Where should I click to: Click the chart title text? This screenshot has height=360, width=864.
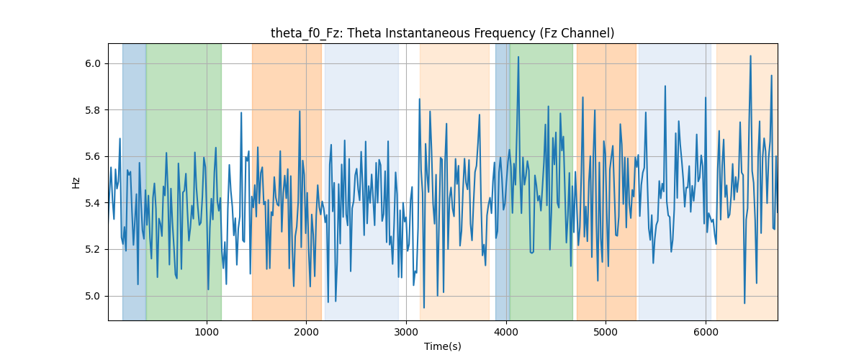click(x=442, y=33)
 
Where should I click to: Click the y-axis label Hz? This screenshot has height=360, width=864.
click(x=76, y=182)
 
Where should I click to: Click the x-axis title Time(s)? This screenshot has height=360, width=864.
click(x=442, y=346)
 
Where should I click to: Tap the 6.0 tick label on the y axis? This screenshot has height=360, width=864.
click(x=93, y=63)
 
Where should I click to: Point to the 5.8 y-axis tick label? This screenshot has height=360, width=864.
click(x=93, y=110)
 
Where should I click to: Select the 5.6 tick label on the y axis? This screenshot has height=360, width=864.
click(x=93, y=157)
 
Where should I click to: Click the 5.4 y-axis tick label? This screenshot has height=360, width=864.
click(x=93, y=203)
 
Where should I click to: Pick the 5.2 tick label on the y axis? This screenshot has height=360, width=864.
click(x=93, y=250)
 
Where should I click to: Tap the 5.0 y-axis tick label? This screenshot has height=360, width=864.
click(x=93, y=297)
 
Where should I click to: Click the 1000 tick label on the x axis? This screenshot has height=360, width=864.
click(x=207, y=332)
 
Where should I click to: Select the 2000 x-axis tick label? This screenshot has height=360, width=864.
click(x=306, y=332)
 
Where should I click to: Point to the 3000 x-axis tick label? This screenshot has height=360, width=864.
click(x=406, y=332)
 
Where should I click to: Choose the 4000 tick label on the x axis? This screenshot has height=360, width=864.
click(x=506, y=332)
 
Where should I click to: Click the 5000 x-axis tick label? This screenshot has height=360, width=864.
click(x=606, y=332)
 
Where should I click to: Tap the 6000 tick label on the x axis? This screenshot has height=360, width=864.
click(x=706, y=332)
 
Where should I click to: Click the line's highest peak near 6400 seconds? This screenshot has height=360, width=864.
click(x=750, y=56)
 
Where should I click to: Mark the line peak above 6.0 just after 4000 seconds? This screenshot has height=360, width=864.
click(x=518, y=57)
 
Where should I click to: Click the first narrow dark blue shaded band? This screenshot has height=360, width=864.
click(x=134, y=181)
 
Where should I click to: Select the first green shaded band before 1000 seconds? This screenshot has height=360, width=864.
click(x=184, y=181)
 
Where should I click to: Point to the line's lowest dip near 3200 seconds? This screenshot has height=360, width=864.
click(x=424, y=307)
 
